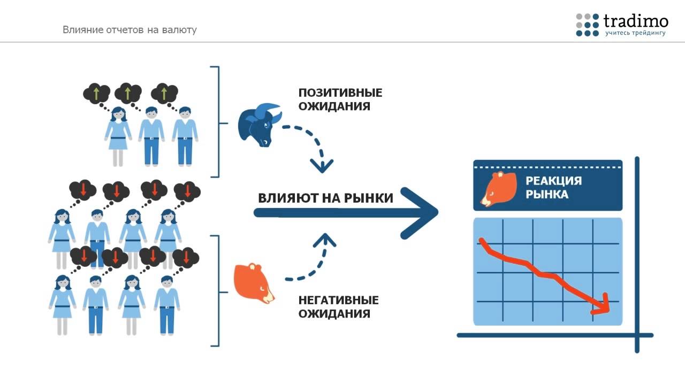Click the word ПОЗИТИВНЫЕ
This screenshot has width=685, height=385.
point(340,93)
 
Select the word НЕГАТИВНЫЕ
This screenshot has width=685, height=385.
point(338,300)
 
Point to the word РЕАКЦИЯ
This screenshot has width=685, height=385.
point(553,180)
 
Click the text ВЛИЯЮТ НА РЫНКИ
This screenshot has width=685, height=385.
point(325,198)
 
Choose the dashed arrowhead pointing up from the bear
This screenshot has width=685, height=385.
point(325,241)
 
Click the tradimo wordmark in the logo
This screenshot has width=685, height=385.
point(636,21)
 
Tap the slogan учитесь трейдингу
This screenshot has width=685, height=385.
point(635,33)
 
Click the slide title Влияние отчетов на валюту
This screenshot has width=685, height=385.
point(130,30)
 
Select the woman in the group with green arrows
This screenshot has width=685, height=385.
point(118,136)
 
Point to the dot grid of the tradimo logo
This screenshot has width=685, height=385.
point(587,25)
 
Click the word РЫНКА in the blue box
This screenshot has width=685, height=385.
point(547,194)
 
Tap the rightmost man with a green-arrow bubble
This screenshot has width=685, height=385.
point(185,136)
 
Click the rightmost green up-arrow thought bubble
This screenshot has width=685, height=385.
point(164,94)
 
